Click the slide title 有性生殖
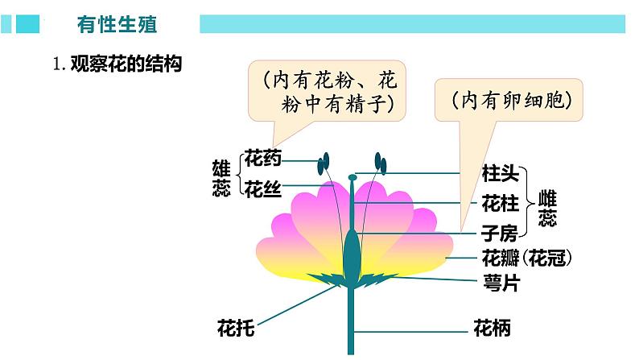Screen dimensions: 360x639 pos(117,24)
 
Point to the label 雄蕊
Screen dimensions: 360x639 pos(221,178)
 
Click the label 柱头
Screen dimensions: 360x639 pos(500,172)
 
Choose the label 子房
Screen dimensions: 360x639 pos(500,234)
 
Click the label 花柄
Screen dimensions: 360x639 pos(492,329)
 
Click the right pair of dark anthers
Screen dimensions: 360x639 pos(380,164)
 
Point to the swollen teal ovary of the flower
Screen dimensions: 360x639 pos(352,254)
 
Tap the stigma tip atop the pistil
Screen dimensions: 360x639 pos(352,176)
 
